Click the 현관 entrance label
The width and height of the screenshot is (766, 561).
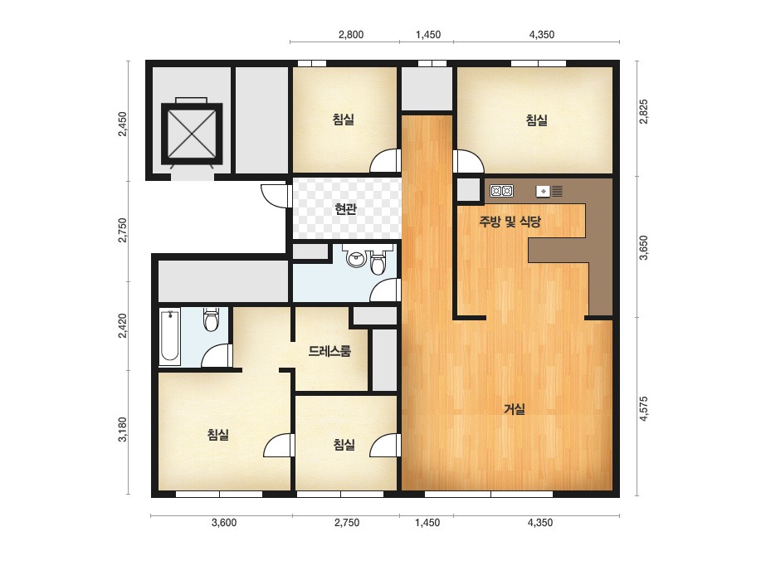click(x=345, y=209)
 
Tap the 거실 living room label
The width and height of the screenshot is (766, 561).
click(x=515, y=408)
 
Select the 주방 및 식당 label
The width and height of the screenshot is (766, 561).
click(x=510, y=222)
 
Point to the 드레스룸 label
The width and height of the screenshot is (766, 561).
click(x=329, y=351)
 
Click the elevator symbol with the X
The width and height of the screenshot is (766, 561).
click(x=192, y=133)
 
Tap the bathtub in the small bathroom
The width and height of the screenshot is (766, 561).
click(x=170, y=336)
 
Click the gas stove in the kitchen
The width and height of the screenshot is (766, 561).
click(x=502, y=191)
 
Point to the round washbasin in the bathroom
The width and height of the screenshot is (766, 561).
click(x=356, y=257)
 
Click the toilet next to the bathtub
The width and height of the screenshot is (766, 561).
click(x=211, y=320)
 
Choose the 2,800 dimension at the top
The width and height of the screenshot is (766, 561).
click(x=351, y=35)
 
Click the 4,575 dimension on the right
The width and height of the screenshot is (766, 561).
click(x=643, y=408)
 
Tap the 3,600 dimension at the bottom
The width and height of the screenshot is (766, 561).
click(x=224, y=522)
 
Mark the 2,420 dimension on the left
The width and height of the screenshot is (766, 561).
click(x=123, y=325)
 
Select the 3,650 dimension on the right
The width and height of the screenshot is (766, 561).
click(x=643, y=247)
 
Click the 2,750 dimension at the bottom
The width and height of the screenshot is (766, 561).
click(x=347, y=522)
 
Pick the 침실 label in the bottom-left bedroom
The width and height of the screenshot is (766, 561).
click(x=218, y=434)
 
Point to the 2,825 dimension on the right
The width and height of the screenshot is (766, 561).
click(x=643, y=111)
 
